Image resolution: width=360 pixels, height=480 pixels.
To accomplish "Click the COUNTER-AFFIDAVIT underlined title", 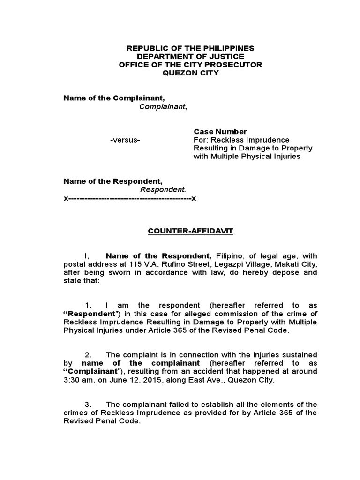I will coord(190,231).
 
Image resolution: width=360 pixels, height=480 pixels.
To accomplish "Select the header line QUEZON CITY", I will coord(190,73).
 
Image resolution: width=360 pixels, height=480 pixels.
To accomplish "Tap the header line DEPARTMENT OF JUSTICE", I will coord(190,56).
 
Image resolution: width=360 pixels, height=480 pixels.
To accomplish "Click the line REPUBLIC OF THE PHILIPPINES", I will coord(190,48).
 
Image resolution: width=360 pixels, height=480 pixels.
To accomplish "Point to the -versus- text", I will coord(125,140).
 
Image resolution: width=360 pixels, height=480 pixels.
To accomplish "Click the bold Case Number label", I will coord(220,132).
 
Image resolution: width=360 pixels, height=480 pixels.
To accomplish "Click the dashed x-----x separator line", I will coord(130,198).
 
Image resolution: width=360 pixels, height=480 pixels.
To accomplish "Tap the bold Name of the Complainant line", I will coord(114,98).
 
